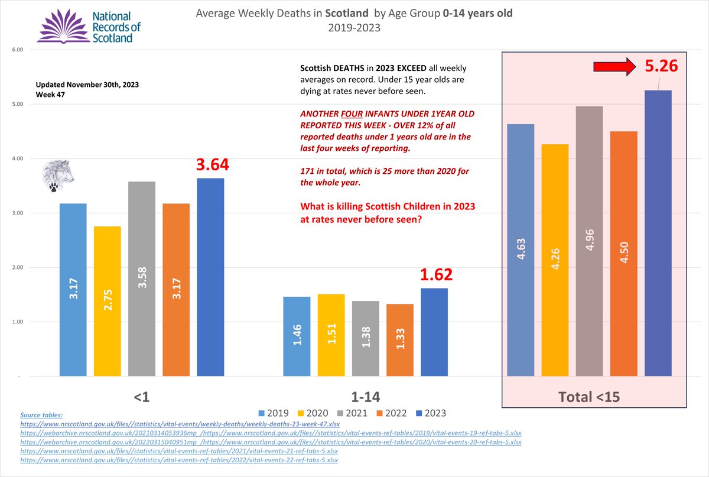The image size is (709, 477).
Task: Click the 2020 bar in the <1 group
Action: pyautogui.click(x=107, y=301)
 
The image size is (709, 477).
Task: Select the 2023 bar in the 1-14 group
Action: pyautogui.click(x=434, y=332)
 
